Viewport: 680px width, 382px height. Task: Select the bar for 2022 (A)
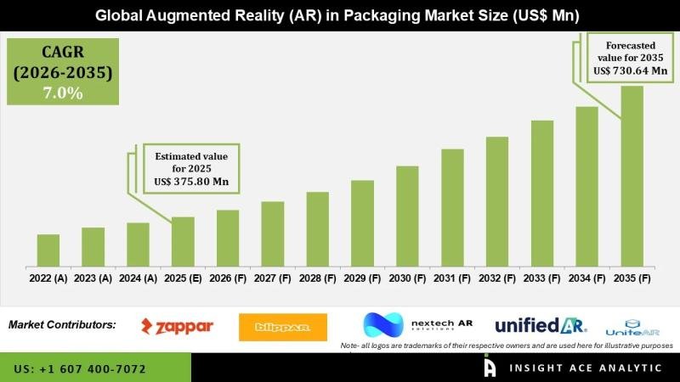tap(48, 250)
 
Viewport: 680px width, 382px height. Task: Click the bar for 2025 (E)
tap(183, 241)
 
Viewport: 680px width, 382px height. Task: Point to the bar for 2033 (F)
tap(542, 193)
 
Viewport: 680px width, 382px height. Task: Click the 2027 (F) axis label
tap(273, 278)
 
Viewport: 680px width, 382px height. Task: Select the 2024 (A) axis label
tap(138, 278)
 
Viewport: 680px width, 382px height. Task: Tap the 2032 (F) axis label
tap(497, 278)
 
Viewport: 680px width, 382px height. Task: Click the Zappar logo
tap(177, 326)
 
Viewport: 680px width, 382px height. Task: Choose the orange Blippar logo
tap(284, 327)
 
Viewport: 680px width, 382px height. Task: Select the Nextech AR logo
tap(417, 326)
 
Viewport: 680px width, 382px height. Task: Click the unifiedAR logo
tap(540, 325)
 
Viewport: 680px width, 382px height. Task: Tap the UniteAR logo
tap(632, 327)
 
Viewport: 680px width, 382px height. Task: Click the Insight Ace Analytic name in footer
tap(586, 368)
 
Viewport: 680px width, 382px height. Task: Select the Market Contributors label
tap(62, 324)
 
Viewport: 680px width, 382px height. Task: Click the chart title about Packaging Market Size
tap(339, 14)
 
